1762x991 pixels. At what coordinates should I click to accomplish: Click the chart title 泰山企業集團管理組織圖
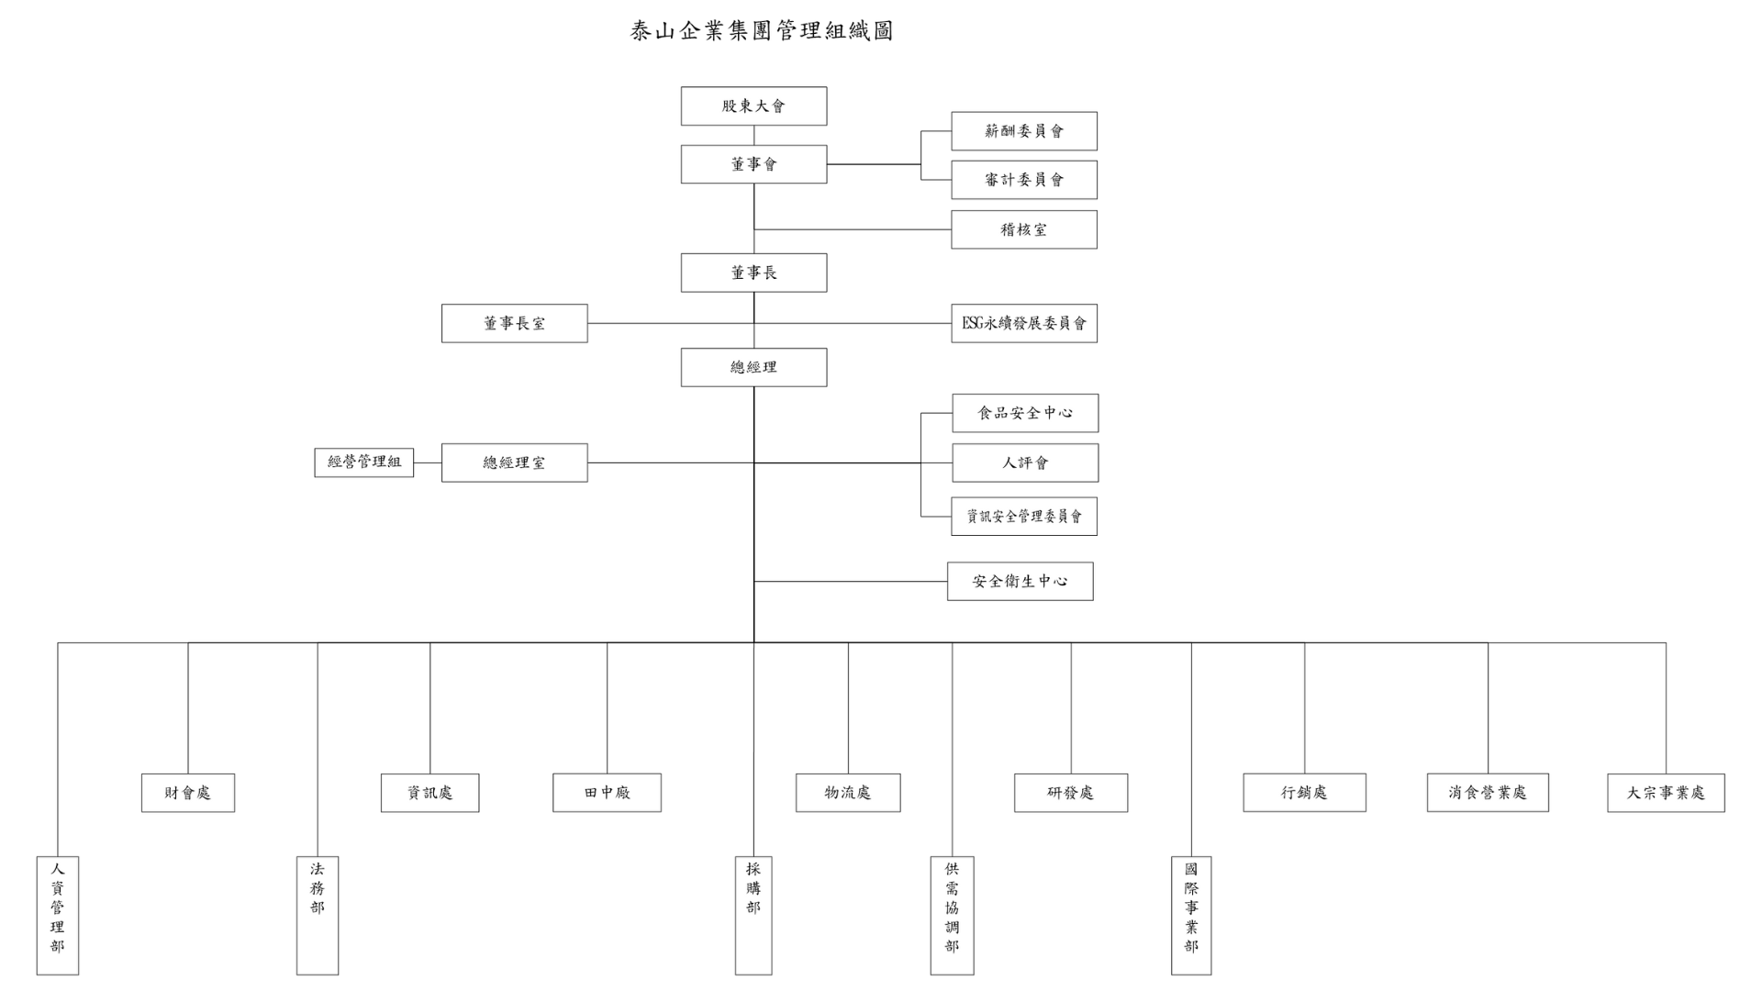coord(761,31)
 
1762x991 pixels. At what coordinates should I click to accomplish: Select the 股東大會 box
coord(753,106)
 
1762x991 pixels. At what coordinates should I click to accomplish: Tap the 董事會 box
coord(753,164)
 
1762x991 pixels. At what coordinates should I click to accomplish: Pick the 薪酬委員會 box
coord(1023,131)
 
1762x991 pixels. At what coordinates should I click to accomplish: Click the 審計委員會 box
coord(1023,180)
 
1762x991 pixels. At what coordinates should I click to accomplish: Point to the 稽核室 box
coord(1023,229)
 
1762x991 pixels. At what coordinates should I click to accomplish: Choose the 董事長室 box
coord(514,323)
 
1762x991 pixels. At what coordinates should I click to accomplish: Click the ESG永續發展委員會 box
coord(1023,323)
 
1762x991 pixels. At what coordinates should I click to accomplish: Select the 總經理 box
coord(753,367)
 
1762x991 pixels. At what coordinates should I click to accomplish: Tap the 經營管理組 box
coord(364,462)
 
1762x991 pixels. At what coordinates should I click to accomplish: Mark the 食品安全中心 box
coord(1024,413)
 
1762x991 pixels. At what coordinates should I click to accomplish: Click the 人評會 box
coord(1024,462)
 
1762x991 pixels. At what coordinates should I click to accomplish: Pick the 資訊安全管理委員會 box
coord(1023,517)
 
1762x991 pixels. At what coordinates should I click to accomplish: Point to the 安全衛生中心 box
coord(1020,581)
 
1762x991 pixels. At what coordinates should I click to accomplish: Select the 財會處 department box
coord(188,793)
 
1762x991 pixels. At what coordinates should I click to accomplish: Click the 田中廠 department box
coord(607,793)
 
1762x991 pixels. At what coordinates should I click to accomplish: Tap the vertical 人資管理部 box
coord(58,915)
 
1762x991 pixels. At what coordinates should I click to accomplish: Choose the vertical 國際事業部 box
coord(1191,915)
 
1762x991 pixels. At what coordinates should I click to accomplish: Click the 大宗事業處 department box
coord(1666,793)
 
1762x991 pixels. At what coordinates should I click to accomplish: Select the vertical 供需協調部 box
coord(952,915)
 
